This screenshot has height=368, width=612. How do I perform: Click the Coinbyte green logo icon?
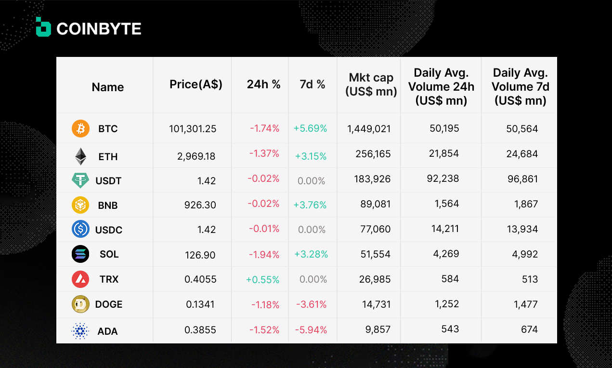(x=43, y=27)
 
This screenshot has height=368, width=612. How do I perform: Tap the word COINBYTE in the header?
(x=99, y=29)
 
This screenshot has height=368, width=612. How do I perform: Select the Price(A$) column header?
(x=196, y=84)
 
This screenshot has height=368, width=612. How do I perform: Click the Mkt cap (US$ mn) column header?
(x=371, y=84)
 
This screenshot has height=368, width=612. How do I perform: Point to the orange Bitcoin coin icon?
(x=80, y=129)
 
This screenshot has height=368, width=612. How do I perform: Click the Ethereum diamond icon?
(x=80, y=156)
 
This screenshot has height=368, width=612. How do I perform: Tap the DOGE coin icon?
(x=80, y=304)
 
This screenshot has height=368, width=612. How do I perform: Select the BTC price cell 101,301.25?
(x=193, y=129)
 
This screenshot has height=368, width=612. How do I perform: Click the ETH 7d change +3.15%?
(x=311, y=156)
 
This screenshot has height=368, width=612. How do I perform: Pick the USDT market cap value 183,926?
(x=372, y=179)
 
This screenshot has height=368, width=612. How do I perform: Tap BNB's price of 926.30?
(x=200, y=205)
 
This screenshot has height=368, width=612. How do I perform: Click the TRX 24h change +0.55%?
(x=262, y=280)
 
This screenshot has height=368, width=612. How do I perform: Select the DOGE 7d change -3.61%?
(x=312, y=304)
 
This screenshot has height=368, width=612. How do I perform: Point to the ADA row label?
(x=108, y=331)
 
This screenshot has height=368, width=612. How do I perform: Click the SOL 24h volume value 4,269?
(x=446, y=254)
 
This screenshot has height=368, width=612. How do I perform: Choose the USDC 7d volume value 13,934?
(x=522, y=229)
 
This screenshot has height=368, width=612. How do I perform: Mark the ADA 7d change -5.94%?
(x=311, y=330)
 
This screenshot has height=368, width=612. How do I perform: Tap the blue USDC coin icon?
(x=80, y=229)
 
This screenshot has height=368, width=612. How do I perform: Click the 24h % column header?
(x=264, y=84)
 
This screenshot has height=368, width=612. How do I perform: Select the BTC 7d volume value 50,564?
(x=522, y=129)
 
